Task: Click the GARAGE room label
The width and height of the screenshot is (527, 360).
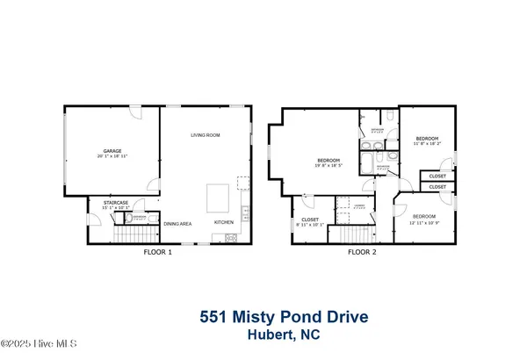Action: point(112,150)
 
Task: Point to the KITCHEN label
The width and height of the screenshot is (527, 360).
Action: point(225,222)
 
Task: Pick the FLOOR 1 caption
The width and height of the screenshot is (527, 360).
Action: point(158,252)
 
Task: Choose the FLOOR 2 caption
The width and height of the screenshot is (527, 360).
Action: point(361,252)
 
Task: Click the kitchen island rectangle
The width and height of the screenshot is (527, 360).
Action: point(219,198)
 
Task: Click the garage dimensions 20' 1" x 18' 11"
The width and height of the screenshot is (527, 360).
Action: point(112,155)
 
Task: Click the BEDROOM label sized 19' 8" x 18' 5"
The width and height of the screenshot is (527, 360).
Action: point(328,159)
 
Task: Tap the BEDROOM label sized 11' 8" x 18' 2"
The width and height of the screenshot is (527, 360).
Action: point(427,138)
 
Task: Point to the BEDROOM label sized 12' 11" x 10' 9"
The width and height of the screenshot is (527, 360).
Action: point(425,216)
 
